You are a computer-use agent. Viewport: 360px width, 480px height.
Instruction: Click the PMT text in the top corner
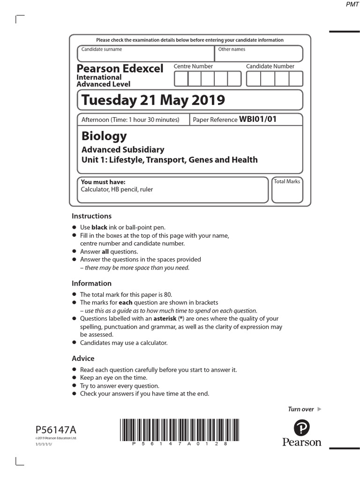click(x=346, y=5)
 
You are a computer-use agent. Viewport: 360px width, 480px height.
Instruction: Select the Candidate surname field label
click(x=102, y=49)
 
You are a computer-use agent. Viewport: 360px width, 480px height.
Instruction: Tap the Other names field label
click(x=232, y=49)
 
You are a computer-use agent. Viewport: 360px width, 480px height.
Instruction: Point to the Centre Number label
click(x=193, y=67)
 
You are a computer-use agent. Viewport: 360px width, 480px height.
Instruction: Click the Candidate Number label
click(x=270, y=67)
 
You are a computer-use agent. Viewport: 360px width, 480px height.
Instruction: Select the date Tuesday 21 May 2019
click(x=153, y=100)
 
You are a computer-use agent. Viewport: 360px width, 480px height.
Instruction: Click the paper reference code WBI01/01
click(x=258, y=119)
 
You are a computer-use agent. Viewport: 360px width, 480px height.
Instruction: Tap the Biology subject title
click(x=104, y=136)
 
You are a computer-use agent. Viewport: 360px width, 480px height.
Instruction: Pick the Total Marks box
click(x=287, y=190)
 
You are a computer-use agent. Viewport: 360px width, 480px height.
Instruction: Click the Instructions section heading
click(x=91, y=216)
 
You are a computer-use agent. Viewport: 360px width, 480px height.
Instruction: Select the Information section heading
click(x=91, y=283)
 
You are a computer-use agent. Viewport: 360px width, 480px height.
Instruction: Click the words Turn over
click(x=300, y=409)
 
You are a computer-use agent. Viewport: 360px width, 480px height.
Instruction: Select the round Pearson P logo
click(x=302, y=428)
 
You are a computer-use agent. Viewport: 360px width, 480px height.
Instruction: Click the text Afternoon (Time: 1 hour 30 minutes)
click(x=130, y=120)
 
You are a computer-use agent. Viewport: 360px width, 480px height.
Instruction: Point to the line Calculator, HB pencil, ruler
click(x=117, y=189)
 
